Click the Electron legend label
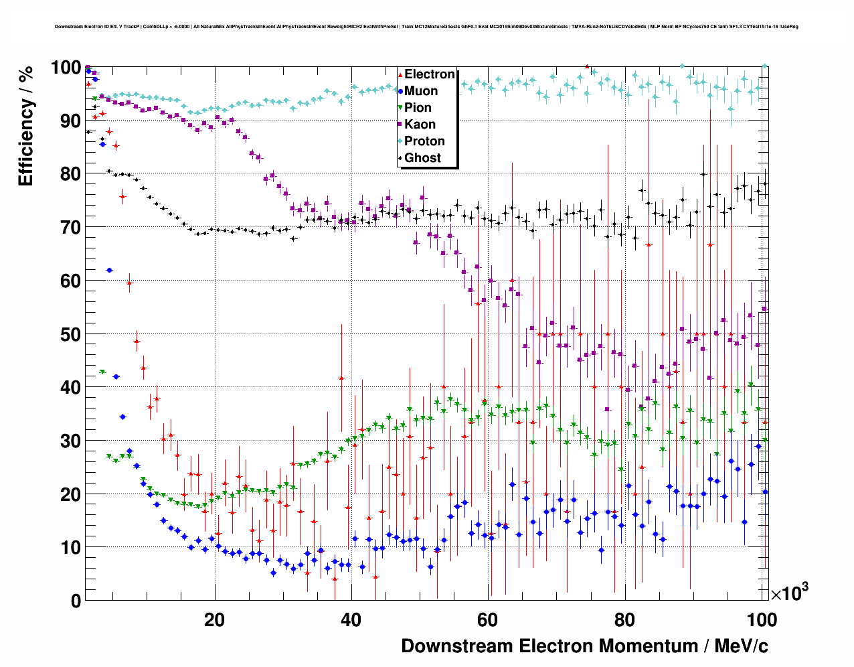click(430, 74)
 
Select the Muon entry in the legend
click(421, 91)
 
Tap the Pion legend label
click(418, 108)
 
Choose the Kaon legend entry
click(420, 125)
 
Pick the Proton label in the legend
click(424, 141)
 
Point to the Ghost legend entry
click(422, 158)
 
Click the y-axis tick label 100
click(66, 68)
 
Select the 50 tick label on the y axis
click(70, 334)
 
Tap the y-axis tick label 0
click(76, 601)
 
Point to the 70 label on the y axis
click(70, 228)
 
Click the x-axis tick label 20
click(214, 620)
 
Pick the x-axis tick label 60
click(487, 620)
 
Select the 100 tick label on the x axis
click(761, 620)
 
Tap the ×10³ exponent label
click(789, 593)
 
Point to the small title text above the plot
click(426, 27)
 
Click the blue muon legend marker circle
click(400, 91)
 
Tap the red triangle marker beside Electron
click(400, 74)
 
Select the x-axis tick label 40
click(351, 620)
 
